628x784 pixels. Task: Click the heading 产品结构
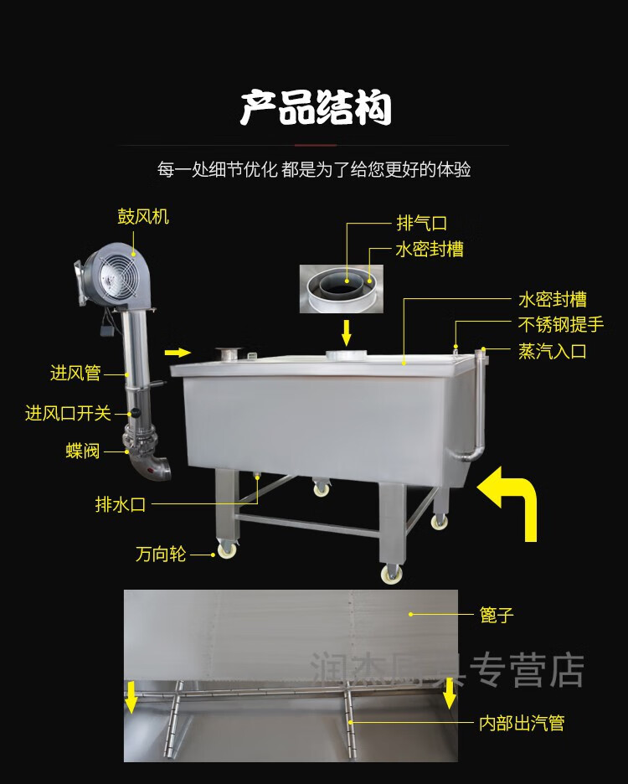tap(316, 109)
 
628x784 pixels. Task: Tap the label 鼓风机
tap(142, 217)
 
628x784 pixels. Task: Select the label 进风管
tap(75, 374)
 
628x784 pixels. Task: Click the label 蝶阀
tap(83, 451)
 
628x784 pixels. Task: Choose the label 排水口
tap(121, 504)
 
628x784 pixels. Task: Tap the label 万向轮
tap(161, 554)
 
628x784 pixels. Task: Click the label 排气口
tap(421, 224)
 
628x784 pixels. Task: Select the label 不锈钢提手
tap(560, 324)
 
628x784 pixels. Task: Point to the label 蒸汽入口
tap(552, 352)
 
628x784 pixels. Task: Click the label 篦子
tap(497, 616)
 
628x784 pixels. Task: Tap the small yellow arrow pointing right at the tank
tap(179, 351)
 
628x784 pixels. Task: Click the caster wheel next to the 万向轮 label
tap(226, 550)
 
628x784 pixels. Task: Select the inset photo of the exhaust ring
tap(341, 287)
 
